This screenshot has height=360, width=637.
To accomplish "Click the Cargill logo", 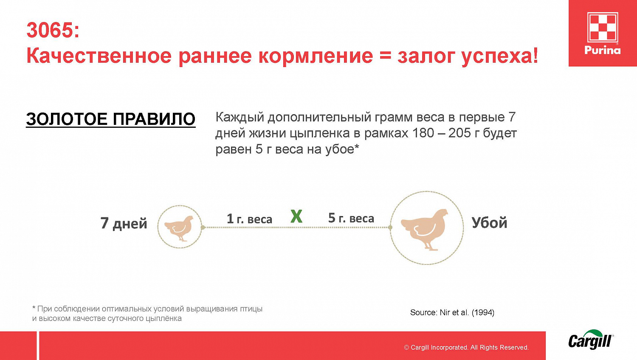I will pyautogui.click(x=591, y=340).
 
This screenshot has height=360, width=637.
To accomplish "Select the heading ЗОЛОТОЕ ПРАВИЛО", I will pyautogui.click(x=110, y=119).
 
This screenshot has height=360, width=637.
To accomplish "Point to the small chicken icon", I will pyautogui.click(x=180, y=227).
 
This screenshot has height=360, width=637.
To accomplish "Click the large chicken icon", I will pyautogui.click(x=426, y=228).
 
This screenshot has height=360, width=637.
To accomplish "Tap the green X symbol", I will pyautogui.click(x=296, y=217).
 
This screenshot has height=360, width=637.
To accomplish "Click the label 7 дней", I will pyautogui.click(x=124, y=223).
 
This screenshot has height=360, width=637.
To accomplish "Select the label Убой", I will pyautogui.click(x=489, y=223).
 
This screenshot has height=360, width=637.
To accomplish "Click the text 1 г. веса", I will pyautogui.click(x=249, y=219).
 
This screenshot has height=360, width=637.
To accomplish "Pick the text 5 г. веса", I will pyautogui.click(x=351, y=218).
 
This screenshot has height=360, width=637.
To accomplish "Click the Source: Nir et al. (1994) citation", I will pyautogui.click(x=452, y=312).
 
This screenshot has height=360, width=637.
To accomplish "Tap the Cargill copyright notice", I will pyautogui.click(x=466, y=347).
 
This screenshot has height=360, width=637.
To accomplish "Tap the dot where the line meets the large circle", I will pyautogui.click(x=390, y=228).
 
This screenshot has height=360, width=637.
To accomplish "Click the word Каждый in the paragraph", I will pyautogui.click(x=240, y=117).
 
